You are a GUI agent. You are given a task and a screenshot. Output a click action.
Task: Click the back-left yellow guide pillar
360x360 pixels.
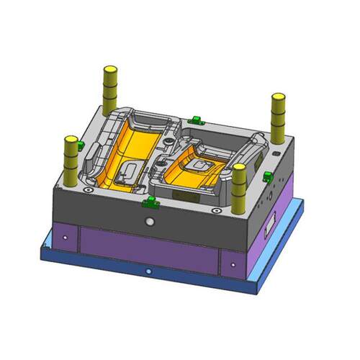(x=110, y=86)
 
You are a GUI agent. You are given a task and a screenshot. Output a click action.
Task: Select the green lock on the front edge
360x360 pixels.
(x=150, y=202)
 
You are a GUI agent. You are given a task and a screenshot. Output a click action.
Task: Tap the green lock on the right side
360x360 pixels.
(x=267, y=176)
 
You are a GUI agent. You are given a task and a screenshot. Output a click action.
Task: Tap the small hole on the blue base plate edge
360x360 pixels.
(x=148, y=271)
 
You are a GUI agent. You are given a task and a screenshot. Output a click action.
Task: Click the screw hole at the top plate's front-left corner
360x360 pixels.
(x=87, y=190)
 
